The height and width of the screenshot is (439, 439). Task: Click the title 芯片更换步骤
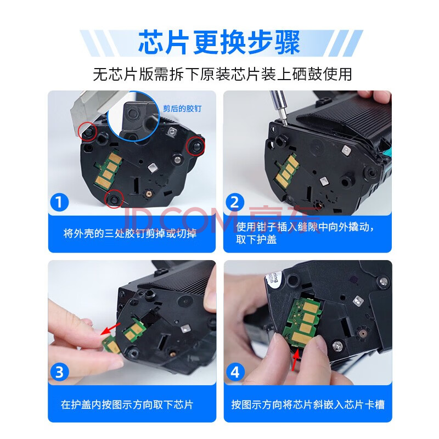point(219,42)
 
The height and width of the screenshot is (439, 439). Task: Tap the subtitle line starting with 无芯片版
point(222,74)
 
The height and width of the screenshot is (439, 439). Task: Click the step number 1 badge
point(59,202)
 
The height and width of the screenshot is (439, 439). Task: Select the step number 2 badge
point(235,202)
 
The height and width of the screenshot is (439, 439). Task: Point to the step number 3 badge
point(59,373)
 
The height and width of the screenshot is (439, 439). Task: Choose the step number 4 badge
point(235,373)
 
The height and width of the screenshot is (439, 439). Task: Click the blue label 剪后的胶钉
point(182,108)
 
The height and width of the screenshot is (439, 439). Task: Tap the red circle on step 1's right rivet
point(196,145)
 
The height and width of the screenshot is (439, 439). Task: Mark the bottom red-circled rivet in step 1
point(114,199)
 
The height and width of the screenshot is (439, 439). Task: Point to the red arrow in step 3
point(110,329)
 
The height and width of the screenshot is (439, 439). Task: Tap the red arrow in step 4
point(295,361)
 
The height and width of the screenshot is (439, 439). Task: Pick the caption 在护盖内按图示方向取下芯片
point(127,404)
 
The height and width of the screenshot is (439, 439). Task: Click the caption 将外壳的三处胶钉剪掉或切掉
point(130,233)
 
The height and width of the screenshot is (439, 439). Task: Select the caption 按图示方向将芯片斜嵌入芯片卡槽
point(308,404)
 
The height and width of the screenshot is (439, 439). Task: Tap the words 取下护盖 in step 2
point(256,240)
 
